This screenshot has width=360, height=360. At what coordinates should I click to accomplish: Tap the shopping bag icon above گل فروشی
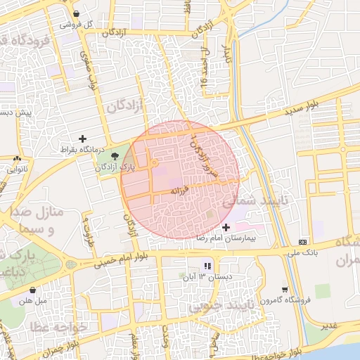[75, 13]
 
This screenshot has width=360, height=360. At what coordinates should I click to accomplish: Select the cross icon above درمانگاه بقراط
[83, 139]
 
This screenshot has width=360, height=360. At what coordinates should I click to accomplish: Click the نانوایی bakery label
[16, 169]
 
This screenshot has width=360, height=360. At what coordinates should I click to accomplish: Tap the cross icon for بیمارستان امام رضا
[225, 227]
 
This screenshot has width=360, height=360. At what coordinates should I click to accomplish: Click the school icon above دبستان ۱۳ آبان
[207, 266]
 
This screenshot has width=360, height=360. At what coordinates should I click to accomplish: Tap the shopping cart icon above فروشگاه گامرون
[284, 289]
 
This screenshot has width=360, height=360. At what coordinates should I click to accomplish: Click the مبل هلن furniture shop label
[32, 300]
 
